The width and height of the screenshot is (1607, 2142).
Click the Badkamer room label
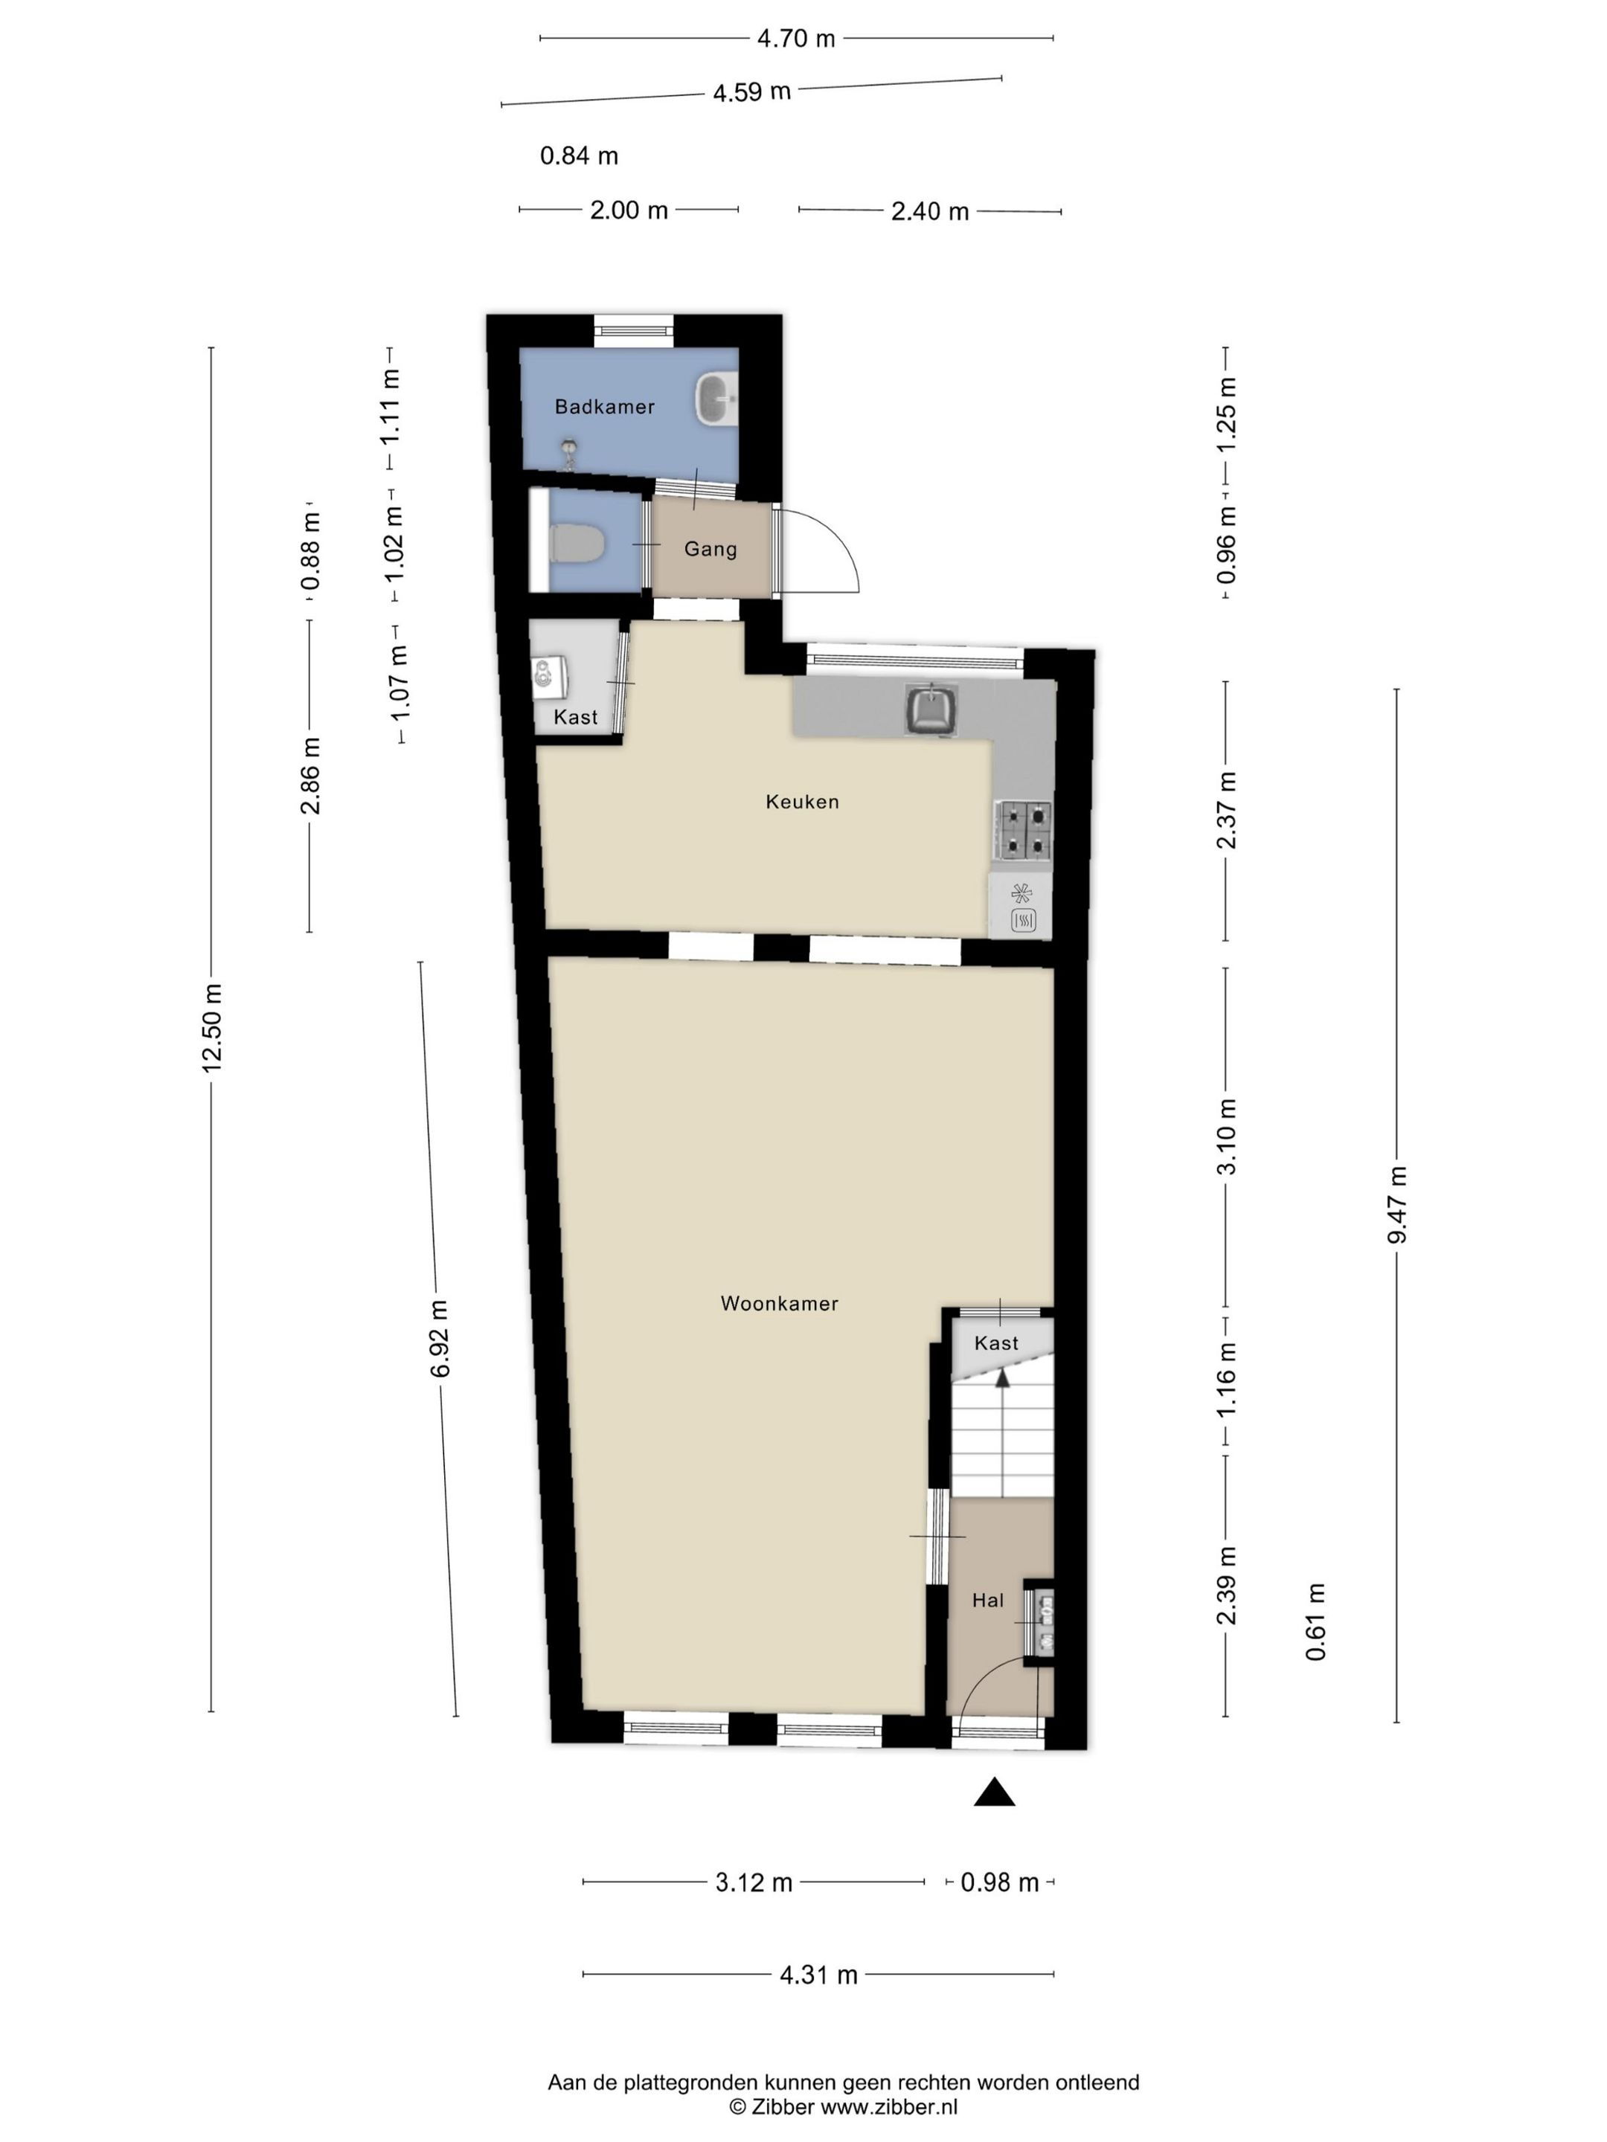603,407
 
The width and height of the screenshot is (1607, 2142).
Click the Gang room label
710,549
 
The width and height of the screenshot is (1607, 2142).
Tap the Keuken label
801,802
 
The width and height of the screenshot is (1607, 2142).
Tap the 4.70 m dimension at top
795,39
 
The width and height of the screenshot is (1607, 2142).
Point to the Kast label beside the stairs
995,1343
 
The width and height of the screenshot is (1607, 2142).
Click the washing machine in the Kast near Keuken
549,675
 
